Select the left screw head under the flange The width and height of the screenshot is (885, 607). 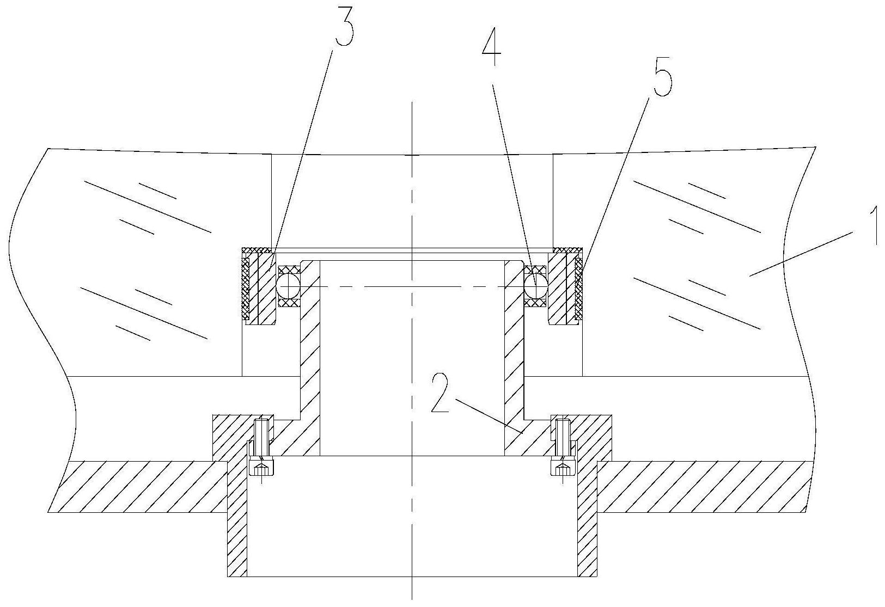pos(261,466)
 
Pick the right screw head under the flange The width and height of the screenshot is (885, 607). pos(563,466)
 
